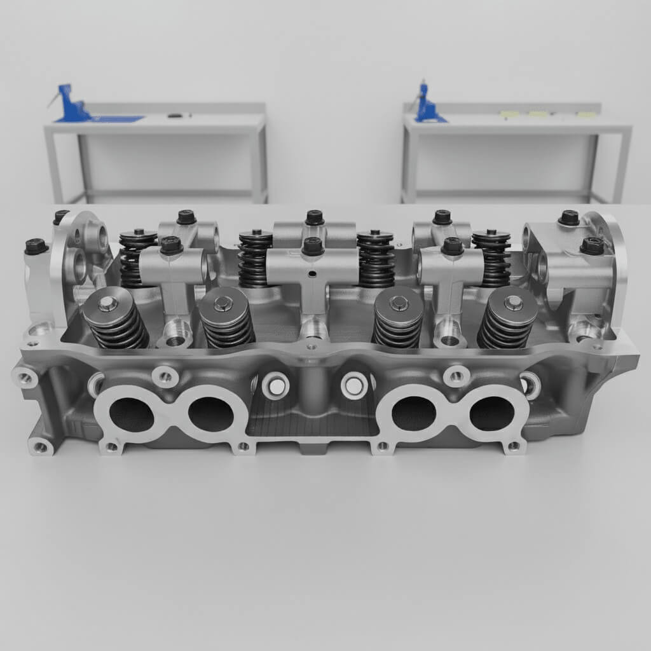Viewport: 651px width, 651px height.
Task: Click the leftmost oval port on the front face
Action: click(132, 415)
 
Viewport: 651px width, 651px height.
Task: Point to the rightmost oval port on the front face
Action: click(491, 413)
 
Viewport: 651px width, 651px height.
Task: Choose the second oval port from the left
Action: click(210, 414)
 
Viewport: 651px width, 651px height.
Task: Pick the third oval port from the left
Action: click(413, 413)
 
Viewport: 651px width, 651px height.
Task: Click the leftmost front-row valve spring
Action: click(116, 320)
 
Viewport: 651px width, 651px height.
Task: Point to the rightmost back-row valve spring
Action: click(491, 257)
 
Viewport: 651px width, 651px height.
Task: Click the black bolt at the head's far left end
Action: click(36, 246)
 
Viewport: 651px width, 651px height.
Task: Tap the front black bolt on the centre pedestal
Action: click(313, 246)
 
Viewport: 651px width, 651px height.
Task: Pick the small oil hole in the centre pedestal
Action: click(312, 275)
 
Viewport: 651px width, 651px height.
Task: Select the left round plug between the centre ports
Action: click(276, 386)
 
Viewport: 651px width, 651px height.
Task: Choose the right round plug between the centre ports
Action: click(354, 385)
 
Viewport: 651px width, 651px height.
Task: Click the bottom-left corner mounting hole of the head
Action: click(41, 447)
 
